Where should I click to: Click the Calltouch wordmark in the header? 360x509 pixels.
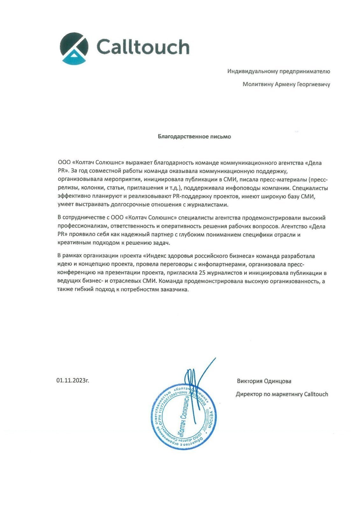point(143,47)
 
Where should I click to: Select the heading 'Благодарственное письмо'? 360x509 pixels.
point(194,137)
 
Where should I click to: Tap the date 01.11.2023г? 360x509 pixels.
point(73,380)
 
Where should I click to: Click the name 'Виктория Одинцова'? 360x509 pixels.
point(264,381)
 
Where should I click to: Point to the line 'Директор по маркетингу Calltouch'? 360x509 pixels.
point(282,394)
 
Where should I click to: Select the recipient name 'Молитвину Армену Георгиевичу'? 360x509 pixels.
point(286,84)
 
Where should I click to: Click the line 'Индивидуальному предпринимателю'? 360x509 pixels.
point(279,71)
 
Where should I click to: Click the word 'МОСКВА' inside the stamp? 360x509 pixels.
point(209,422)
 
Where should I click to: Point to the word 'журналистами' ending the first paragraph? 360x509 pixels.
point(210,205)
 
